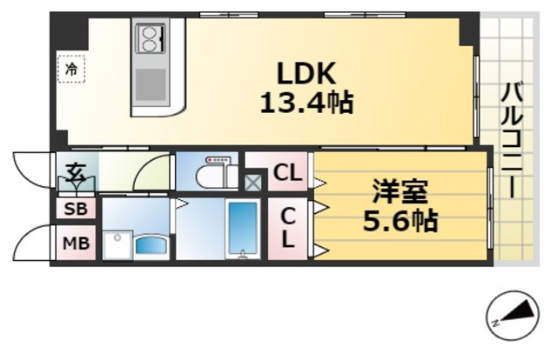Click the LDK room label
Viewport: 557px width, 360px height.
pyautogui.click(x=306, y=73)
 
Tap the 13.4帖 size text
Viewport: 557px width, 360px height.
pyautogui.click(x=306, y=103)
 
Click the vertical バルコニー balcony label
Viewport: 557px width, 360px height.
pyautogui.click(x=513, y=139)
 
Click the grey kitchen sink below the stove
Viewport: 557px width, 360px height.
pyautogui.click(x=151, y=85)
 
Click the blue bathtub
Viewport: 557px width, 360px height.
pyautogui.click(x=240, y=229)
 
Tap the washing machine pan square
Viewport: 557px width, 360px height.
pyautogui.click(x=117, y=244)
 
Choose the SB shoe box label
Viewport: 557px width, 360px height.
pyautogui.click(x=74, y=210)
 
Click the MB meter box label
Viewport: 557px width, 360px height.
pyautogui.click(x=76, y=243)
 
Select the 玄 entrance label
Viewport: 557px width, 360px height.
pyautogui.click(x=76, y=170)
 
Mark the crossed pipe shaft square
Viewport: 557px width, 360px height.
pyautogui.click(x=252, y=183)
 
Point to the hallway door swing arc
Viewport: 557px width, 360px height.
pyautogui.click(x=153, y=170)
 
